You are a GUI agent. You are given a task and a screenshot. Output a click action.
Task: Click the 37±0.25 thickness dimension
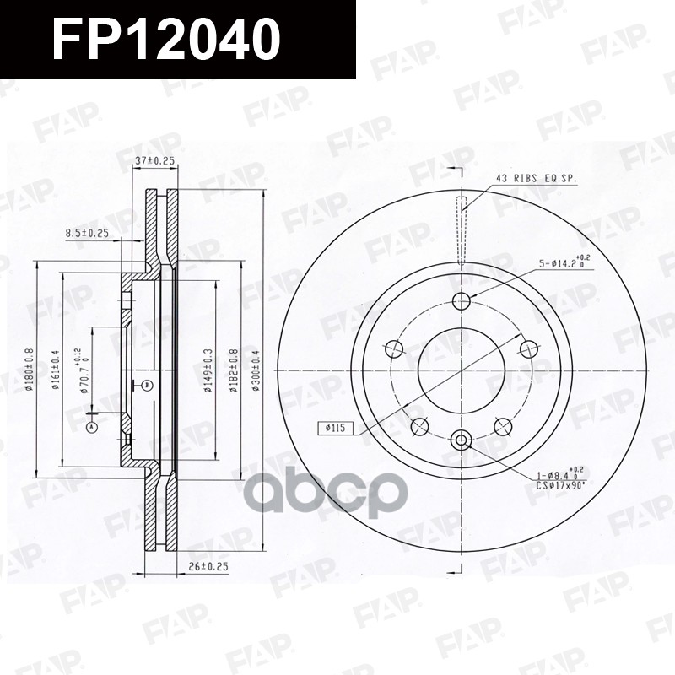point(155,160)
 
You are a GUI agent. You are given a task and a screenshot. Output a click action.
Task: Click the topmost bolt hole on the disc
point(461,301)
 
